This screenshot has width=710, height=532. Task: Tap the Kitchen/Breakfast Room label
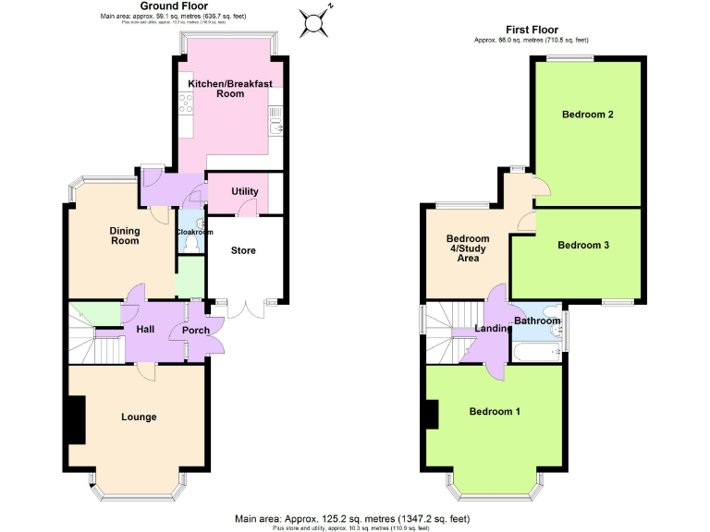(230, 89)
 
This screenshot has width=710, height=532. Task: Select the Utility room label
(245, 191)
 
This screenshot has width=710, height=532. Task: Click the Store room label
(243, 250)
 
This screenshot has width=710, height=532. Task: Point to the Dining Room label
(125, 236)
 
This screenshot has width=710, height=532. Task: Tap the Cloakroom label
(194, 233)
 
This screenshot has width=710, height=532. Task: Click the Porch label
(196, 331)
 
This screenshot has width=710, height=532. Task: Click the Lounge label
(139, 417)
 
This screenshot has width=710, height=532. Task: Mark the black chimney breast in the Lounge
(74, 419)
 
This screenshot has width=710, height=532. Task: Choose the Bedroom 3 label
(582, 245)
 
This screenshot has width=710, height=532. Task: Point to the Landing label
(492, 328)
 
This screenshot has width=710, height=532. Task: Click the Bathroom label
(537, 320)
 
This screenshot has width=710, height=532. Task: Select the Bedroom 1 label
(495, 411)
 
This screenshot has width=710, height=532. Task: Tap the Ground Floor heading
(166, 6)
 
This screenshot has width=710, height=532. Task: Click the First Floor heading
(531, 30)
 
